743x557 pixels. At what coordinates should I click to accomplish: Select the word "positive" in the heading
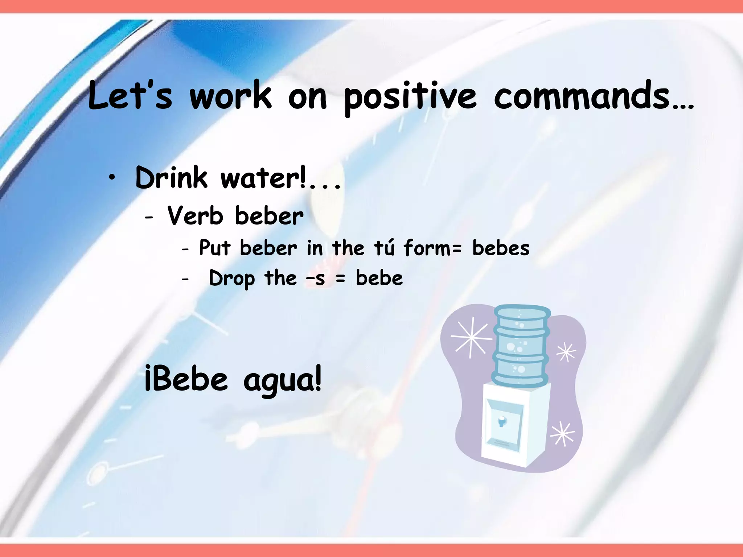pyautogui.click(x=410, y=97)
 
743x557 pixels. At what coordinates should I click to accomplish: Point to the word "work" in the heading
pyautogui.click(x=230, y=95)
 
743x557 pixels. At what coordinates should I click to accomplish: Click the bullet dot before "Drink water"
pyautogui.click(x=113, y=178)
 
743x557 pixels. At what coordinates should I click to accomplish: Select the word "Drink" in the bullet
pyautogui.click(x=171, y=178)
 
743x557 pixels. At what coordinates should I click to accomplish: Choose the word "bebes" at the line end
pyautogui.click(x=501, y=248)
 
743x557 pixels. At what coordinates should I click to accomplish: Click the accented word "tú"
pyautogui.click(x=384, y=248)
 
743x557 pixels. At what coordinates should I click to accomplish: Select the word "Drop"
pyautogui.click(x=232, y=279)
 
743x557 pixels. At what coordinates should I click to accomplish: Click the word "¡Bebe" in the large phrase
pyautogui.click(x=186, y=379)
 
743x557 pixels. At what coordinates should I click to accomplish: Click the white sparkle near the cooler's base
pyautogui.click(x=562, y=434)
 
